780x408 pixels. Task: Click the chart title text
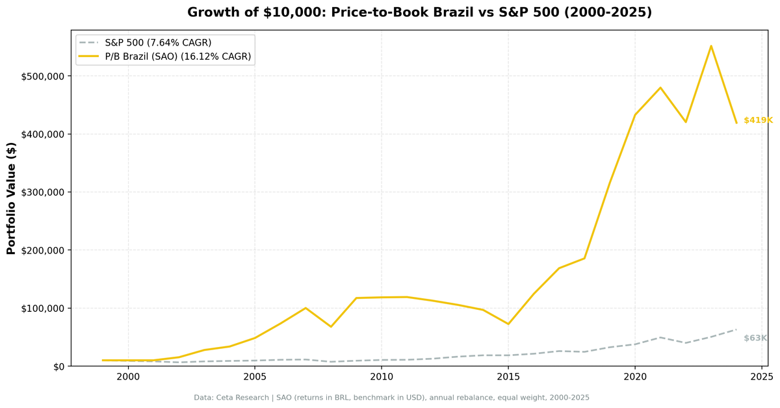pos(419,12)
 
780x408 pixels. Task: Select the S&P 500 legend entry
pos(158,43)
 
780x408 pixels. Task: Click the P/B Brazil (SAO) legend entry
pos(177,57)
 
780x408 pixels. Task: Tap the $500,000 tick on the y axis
pos(43,77)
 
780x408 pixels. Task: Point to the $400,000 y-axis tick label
pos(43,134)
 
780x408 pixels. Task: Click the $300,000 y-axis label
pos(43,192)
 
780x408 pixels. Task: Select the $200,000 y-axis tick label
pos(43,250)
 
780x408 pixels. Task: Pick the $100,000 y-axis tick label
pos(43,309)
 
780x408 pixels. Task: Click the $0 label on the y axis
pos(58,366)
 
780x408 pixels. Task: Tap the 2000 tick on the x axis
pos(128,377)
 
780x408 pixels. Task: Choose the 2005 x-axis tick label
pos(255,377)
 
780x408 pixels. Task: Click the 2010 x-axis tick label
pos(382,377)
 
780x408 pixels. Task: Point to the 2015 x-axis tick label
pos(508,377)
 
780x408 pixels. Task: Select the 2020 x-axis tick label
pos(635,377)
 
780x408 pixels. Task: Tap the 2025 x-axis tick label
pos(762,377)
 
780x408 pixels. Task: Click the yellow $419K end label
pos(757,120)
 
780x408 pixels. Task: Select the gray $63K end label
pos(755,338)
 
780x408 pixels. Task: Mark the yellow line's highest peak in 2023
pos(711,46)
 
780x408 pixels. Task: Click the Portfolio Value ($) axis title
pos(12,198)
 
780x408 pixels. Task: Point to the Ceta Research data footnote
pos(391,398)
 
